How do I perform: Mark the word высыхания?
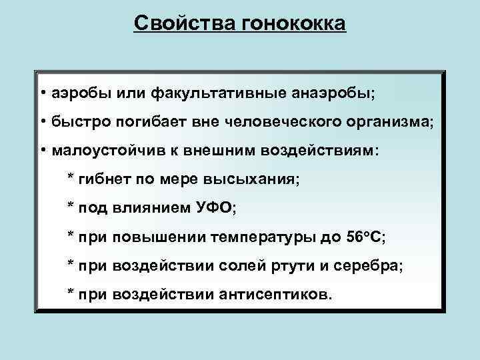point(255,179)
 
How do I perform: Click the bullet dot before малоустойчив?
point(42,150)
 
